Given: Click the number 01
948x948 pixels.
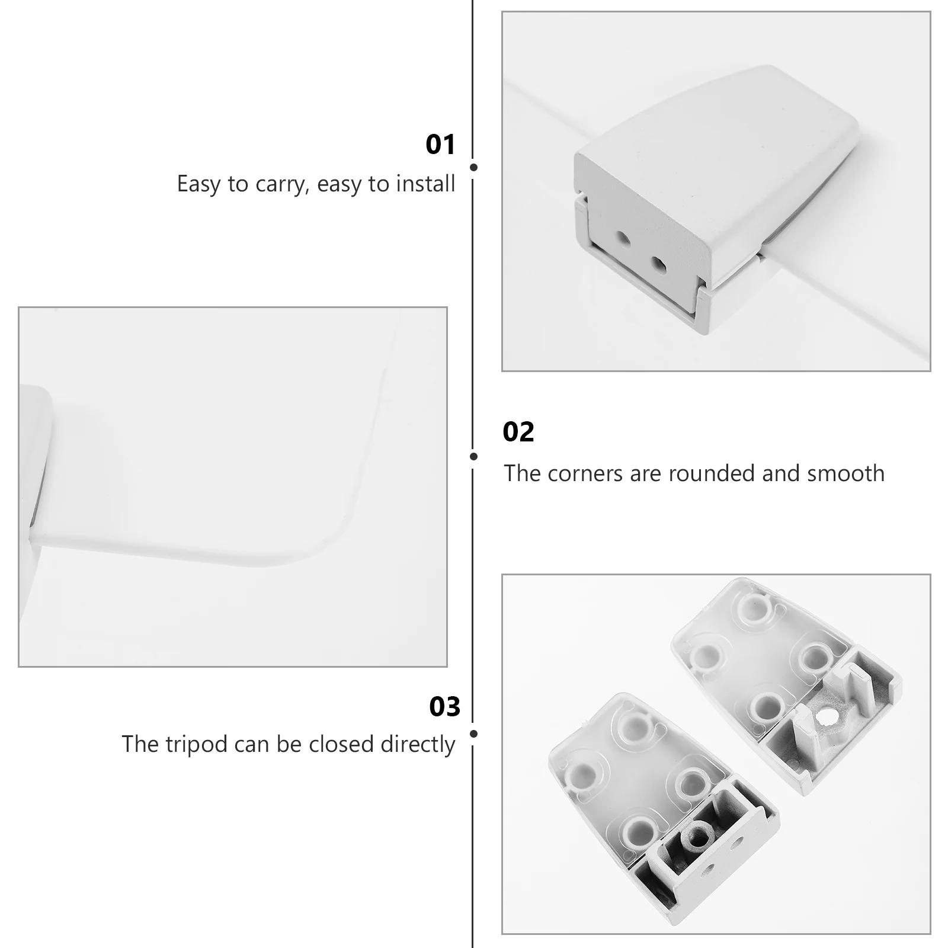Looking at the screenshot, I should [x=440, y=145].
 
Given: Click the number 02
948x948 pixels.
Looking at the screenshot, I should [x=518, y=432].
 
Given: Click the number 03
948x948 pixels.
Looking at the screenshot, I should [x=444, y=707].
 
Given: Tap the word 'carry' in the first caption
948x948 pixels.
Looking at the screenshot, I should [x=281, y=184].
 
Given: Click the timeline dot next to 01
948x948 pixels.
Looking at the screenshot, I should [x=473, y=168].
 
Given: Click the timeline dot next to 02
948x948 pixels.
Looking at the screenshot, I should [x=473, y=456].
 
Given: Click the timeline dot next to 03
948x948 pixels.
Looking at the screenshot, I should [x=473, y=734].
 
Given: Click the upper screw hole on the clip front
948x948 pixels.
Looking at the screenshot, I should [x=622, y=239].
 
